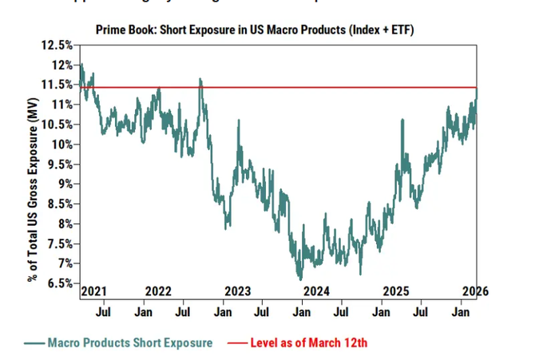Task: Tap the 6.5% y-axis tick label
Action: tap(59, 283)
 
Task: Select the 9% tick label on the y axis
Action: tap(63, 184)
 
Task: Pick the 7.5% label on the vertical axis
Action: tap(59, 243)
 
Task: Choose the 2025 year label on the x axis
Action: tap(397, 291)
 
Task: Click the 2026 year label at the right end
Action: tap(474, 291)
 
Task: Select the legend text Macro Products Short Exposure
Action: tap(130, 342)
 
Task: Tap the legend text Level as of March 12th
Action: tap(309, 342)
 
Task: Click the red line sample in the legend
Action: tap(236, 343)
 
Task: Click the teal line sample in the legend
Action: tap(34, 343)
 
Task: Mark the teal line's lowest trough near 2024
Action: tap(300, 279)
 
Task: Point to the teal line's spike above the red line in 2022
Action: tap(200, 80)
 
